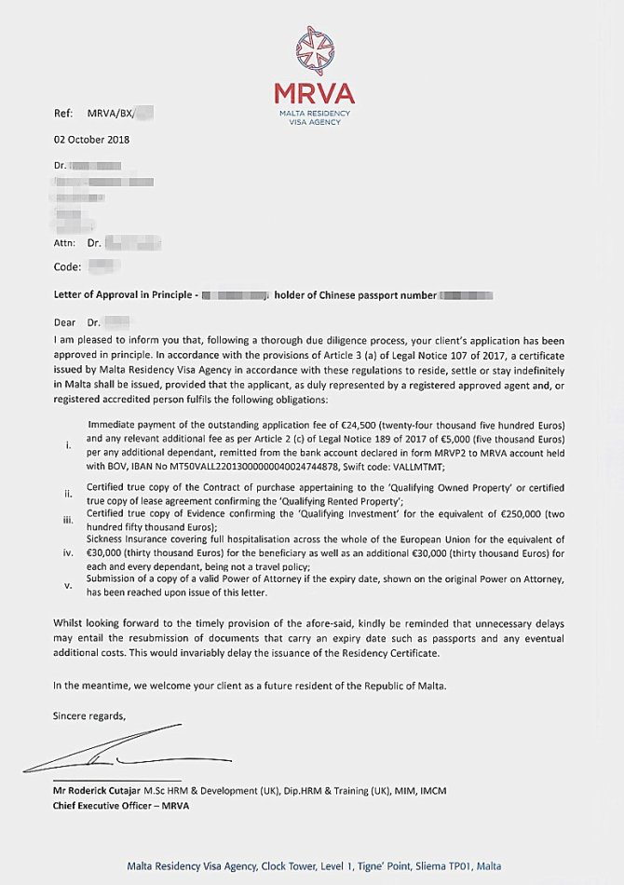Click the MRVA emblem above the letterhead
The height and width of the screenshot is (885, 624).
pos(314,52)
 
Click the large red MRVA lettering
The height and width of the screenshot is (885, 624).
pos(314,94)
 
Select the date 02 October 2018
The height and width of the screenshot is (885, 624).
pos(91,140)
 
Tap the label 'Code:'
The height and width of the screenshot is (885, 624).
pos(67,266)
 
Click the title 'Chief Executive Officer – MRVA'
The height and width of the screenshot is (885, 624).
pos(121,806)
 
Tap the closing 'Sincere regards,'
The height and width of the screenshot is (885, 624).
pos(88,715)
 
